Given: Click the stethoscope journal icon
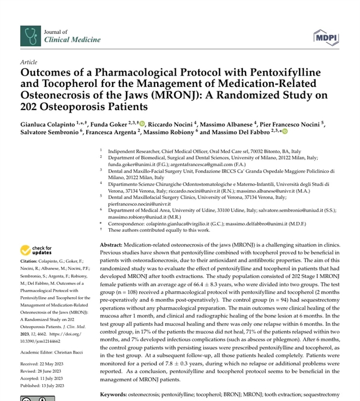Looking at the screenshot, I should coord(29,36).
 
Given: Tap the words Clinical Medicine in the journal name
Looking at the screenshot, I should coord(72,39).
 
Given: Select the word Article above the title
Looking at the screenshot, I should coord(28,61).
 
